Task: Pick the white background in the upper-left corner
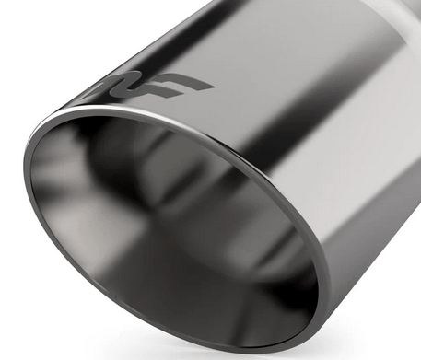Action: coord(28,28)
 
